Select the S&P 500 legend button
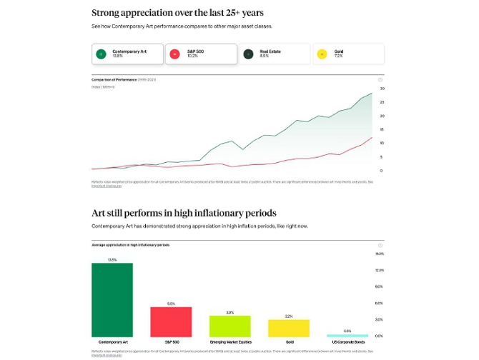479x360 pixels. (x=201, y=54)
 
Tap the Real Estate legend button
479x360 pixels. (x=275, y=54)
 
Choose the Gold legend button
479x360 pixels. (x=348, y=54)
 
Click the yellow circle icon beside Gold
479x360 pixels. (x=322, y=54)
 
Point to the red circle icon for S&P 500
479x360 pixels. (x=174, y=54)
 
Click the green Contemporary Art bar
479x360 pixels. (x=112, y=300)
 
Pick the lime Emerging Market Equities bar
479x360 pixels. (x=230, y=326)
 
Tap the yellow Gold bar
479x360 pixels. (x=289, y=328)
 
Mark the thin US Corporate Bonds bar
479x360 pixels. (x=347, y=335)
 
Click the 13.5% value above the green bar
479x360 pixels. (x=112, y=259)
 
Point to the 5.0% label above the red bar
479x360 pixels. (x=171, y=304)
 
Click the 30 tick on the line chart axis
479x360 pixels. (x=382, y=89)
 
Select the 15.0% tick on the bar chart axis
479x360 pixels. (x=380, y=254)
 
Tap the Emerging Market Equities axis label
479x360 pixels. (x=230, y=343)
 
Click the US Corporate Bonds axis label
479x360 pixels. (x=348, y=343)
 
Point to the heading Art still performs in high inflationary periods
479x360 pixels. (x=184, y=213)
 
